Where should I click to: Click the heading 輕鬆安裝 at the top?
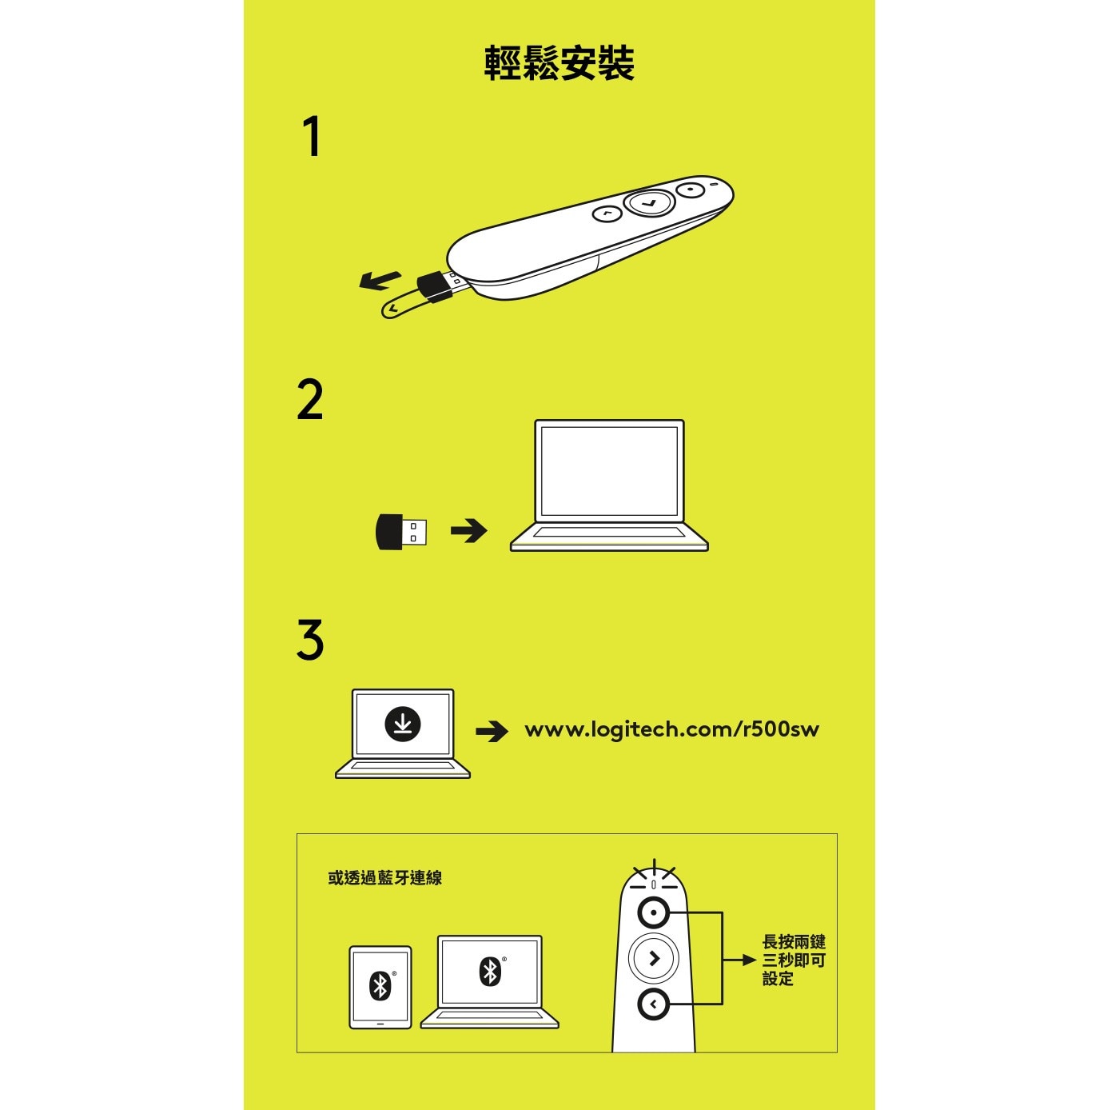click(559, 64)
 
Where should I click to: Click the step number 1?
click(312, 137)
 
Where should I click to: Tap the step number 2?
click(310, 400)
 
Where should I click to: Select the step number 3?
click(310, 640)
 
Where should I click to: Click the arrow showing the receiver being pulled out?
click(380, 280)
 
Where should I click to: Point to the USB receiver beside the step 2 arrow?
click(400, 532)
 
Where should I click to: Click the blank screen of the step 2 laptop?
click(609, 471)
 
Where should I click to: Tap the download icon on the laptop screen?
click(403, 724)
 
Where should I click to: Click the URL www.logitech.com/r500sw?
click(671, 729)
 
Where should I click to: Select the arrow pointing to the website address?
click(492, 731)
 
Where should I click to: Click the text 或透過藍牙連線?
click(384, 878)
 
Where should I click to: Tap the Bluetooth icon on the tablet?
click(380, 985)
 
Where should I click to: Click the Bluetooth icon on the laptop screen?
click(490, 971)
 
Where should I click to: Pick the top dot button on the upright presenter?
click(654, 912)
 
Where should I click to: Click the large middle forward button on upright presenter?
click(654, 958)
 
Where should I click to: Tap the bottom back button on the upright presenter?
click(654, 1003)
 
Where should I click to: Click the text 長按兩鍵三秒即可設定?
click(793, 960)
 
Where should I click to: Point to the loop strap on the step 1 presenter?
click(400, 305)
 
